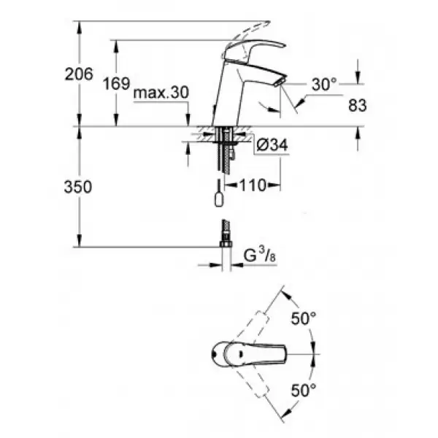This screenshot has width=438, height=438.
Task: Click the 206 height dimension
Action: [x=79, y=74]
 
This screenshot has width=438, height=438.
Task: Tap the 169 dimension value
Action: [x=117, y=83]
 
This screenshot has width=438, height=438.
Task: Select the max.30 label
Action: [x=161, y=93]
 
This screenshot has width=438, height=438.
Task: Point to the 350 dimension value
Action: [x=78, y=187]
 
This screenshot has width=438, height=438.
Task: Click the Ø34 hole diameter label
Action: [x=272, y=145]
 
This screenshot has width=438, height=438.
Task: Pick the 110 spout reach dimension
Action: [x=253, y=185]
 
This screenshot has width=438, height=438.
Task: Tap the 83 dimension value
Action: [x=357, y=106]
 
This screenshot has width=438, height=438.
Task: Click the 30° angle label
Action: [x=324, y=84]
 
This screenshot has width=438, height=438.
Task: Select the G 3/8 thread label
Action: [x=260, y=255]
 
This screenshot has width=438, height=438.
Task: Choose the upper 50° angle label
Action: [x=304, y=318]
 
